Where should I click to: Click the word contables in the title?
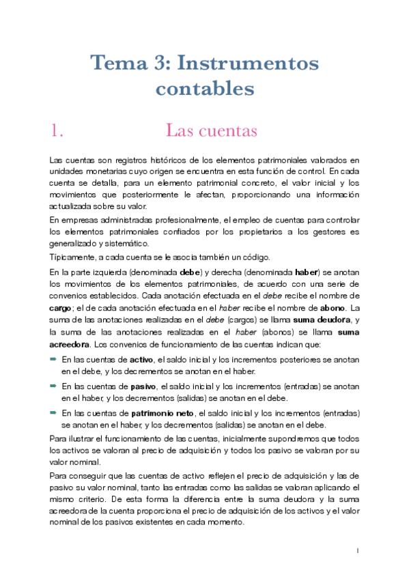coord(204,89)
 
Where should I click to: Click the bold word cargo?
coord(61,308)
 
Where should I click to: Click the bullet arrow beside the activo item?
coord(54,358)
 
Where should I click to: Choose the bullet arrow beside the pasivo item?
coord(54,386)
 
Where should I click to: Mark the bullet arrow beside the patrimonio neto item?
coord(54,412)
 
